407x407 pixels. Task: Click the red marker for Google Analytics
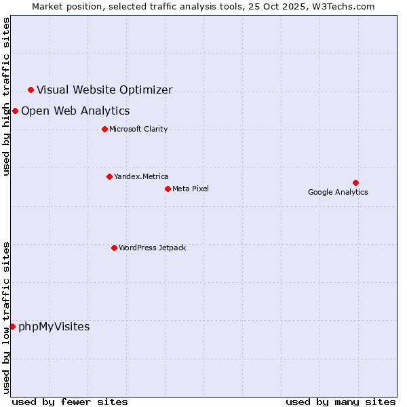355,182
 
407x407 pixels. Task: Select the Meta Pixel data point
168,189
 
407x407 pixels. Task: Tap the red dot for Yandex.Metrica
109,176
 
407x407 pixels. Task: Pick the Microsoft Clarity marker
104,129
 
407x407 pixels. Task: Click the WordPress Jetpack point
114,248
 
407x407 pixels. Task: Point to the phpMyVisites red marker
12,326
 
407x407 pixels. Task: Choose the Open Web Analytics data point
15,111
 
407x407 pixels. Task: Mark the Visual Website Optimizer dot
31,90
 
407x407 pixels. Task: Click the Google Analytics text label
338,193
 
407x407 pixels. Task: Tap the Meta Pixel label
191,189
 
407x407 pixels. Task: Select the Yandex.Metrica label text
141,177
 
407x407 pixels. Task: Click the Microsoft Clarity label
138,130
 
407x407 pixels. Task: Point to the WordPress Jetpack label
152,248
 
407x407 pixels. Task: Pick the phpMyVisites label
54,327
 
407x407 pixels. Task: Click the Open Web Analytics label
75,111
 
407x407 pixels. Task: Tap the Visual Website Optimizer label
104,90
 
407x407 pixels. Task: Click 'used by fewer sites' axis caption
70,402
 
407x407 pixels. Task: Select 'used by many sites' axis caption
340,402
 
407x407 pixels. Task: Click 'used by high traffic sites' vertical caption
7,96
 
